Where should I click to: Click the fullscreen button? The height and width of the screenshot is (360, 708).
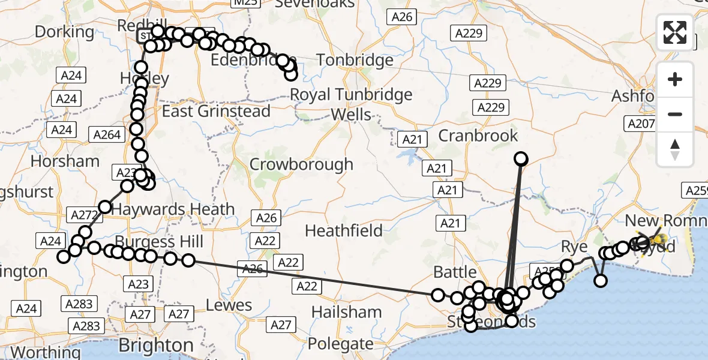pyautogui.click(x=675, y=32)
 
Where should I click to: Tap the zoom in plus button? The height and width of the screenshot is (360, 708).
pyautogui.click(x=675, y=79)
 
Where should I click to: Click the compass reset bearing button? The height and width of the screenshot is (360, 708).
pyautogui.click(x=675, y=149)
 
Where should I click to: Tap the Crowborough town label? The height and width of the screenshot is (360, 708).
pyautogui.click(x=302, y=164)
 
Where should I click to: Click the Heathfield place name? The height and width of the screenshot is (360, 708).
pyautogui.click(x=344, y=230)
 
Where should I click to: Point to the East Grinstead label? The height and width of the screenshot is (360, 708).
pyautogui.click(x=216, y=111)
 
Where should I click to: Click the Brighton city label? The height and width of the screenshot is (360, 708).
pyautogui.click(x=156, y=346)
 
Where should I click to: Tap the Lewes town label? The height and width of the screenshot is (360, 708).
pyautogui.click(x=229, y=305)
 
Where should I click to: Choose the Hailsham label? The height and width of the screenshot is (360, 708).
pyautogui.click(x=347, y=312)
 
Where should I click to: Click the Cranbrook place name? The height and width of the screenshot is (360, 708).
pyautogui.click(x=478, y=136)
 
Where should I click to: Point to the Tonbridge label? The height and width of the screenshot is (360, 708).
pyautogui.click(x=355, y=60)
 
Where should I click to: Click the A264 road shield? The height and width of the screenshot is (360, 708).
pyautogui.click(x=107, y=135)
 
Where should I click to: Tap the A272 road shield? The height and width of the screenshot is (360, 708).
pyautogui.click(x=84, y=214)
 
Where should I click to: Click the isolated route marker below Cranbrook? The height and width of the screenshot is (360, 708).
pyautogui.click(x=521, y=158)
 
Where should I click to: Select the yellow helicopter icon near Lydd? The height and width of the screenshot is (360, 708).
pyautogui.click(x=657, y=242)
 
